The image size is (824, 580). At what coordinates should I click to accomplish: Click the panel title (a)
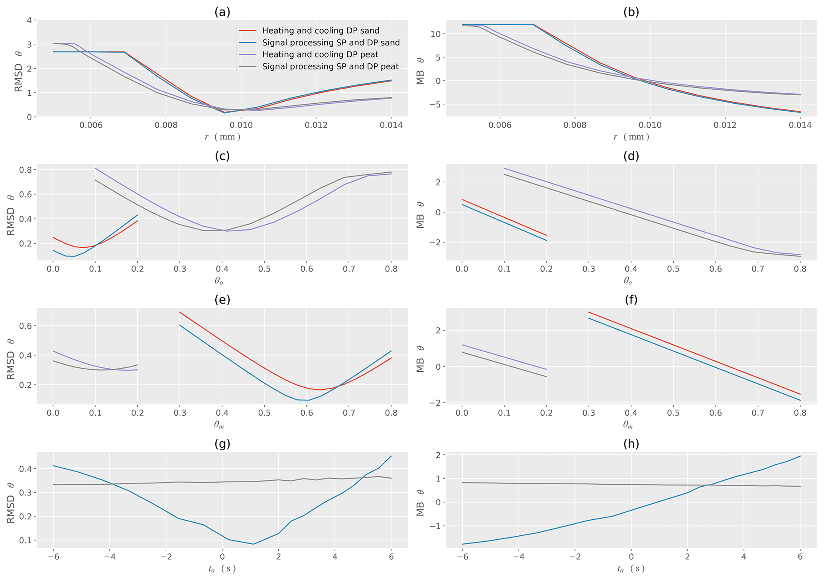pos(222,12)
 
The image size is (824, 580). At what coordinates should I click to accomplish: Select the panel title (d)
pos(631,156)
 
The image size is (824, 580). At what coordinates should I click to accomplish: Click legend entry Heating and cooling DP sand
pos(321,31)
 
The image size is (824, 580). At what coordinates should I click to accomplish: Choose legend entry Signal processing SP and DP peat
pos(330,67)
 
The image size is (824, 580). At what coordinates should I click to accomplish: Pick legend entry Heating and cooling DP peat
pos(320,55)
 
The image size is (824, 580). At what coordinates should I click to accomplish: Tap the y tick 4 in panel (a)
pos(29,20)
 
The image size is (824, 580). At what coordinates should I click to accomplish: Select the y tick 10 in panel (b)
pos(435,34)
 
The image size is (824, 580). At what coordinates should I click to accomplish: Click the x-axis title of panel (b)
pos(631,137)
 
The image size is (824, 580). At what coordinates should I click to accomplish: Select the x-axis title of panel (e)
pos(219,425)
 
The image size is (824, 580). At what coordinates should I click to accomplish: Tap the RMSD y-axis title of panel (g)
pos(11,500)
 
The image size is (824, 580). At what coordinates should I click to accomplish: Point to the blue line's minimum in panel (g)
pos(254,544)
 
